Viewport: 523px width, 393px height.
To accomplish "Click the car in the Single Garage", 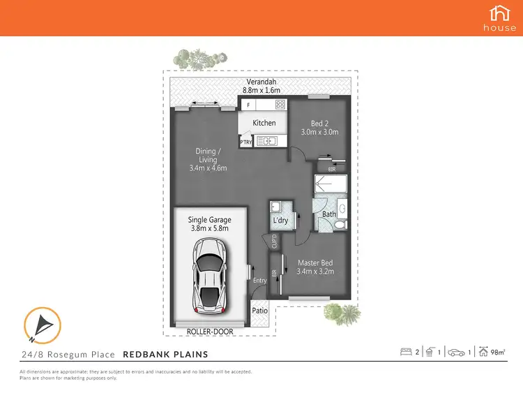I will coord(210,274).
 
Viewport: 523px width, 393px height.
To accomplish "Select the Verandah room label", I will coord(259,81).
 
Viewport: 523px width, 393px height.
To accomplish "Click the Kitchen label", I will coord(264,123).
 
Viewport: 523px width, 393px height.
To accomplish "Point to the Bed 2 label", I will coord(319,123).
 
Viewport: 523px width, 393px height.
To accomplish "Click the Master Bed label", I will coord(316,262).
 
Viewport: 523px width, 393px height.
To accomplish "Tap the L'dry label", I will coord(281,221).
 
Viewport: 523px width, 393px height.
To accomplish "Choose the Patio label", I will coord(259,311).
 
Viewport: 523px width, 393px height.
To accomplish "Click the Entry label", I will coord(259,281).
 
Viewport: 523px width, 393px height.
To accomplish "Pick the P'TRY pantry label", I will coord(245,142).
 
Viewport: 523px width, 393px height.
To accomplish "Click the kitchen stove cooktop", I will coord(280,105).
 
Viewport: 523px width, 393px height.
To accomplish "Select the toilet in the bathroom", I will coord(338,225).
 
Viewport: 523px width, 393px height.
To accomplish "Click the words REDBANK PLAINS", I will coord(165,355).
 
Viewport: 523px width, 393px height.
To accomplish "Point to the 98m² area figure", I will coord(498,352).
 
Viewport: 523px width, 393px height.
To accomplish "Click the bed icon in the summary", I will coord(405,352).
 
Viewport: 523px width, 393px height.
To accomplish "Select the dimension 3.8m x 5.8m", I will coord(209,228).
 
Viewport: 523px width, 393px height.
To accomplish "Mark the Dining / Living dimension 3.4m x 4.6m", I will coord(208,168).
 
